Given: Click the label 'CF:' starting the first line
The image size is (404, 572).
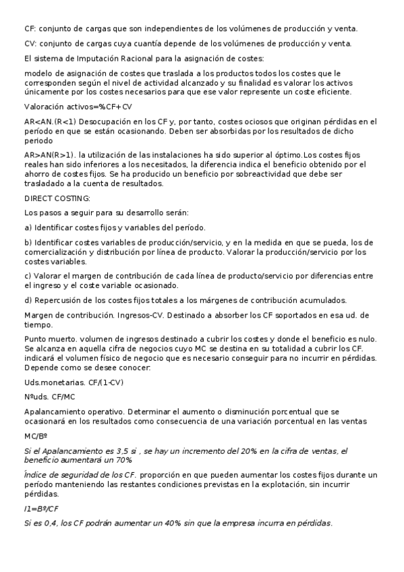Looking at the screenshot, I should tap(29, 28).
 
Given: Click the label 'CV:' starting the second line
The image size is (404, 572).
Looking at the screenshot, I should tap(30, 44).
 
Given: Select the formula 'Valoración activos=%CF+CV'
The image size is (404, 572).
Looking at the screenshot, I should tap(78, 107).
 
